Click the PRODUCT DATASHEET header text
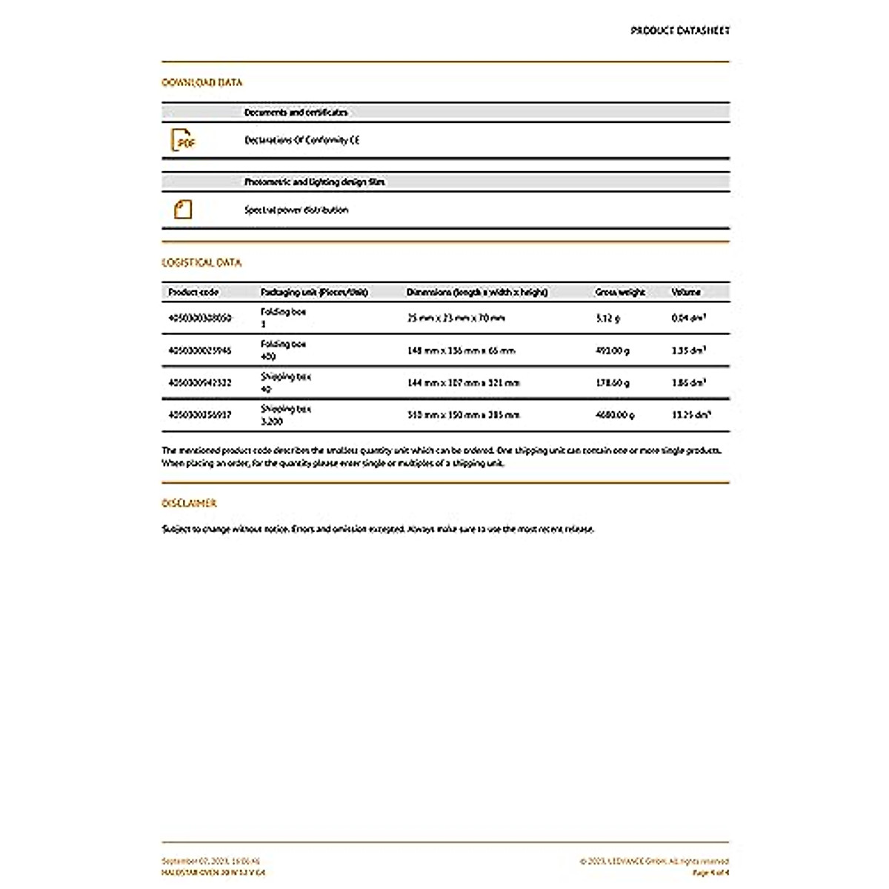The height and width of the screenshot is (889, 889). click(x=679, y=30)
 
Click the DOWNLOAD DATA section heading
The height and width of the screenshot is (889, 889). click(x=202, y=82)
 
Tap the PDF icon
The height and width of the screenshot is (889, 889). click(x=182, y=140)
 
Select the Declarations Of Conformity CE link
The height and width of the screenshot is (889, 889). click(x=302, y=140)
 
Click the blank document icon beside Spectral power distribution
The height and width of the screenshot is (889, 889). click(x=182, y=210)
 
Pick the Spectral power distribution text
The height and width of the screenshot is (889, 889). click(x=296, y=210)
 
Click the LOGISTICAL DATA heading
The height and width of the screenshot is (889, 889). click(x=202, y=262)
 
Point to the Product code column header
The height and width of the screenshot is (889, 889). click(x=193, y=292)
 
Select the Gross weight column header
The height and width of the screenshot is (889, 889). click(x=620, y=292)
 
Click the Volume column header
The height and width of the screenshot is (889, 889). click(x=686, y=292)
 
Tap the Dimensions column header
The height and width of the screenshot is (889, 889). click(x=477, y=292)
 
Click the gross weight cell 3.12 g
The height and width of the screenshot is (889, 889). click(x=607, y=318)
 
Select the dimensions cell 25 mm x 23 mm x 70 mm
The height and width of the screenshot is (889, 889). click(x=456, y=318)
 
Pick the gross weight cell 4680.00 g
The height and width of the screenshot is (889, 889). click(x=614, y=415)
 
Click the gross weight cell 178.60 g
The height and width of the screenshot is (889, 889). click(x=612, y=382)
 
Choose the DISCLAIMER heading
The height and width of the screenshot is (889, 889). click(x=189, y=503)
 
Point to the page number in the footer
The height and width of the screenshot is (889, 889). click(x=710, y=873)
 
